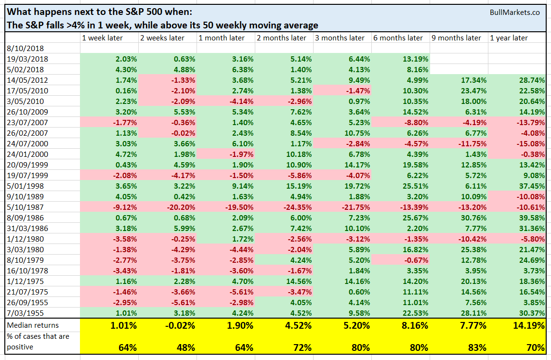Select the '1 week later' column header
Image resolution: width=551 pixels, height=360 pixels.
tap(102, 38)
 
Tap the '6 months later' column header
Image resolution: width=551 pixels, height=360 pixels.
tap(398, 38)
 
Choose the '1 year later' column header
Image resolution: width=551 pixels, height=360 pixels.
tap(509, 38)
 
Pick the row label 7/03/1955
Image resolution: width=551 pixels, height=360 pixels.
tap(22, 312)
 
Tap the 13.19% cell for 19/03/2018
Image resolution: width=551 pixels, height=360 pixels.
tap(414, 59)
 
